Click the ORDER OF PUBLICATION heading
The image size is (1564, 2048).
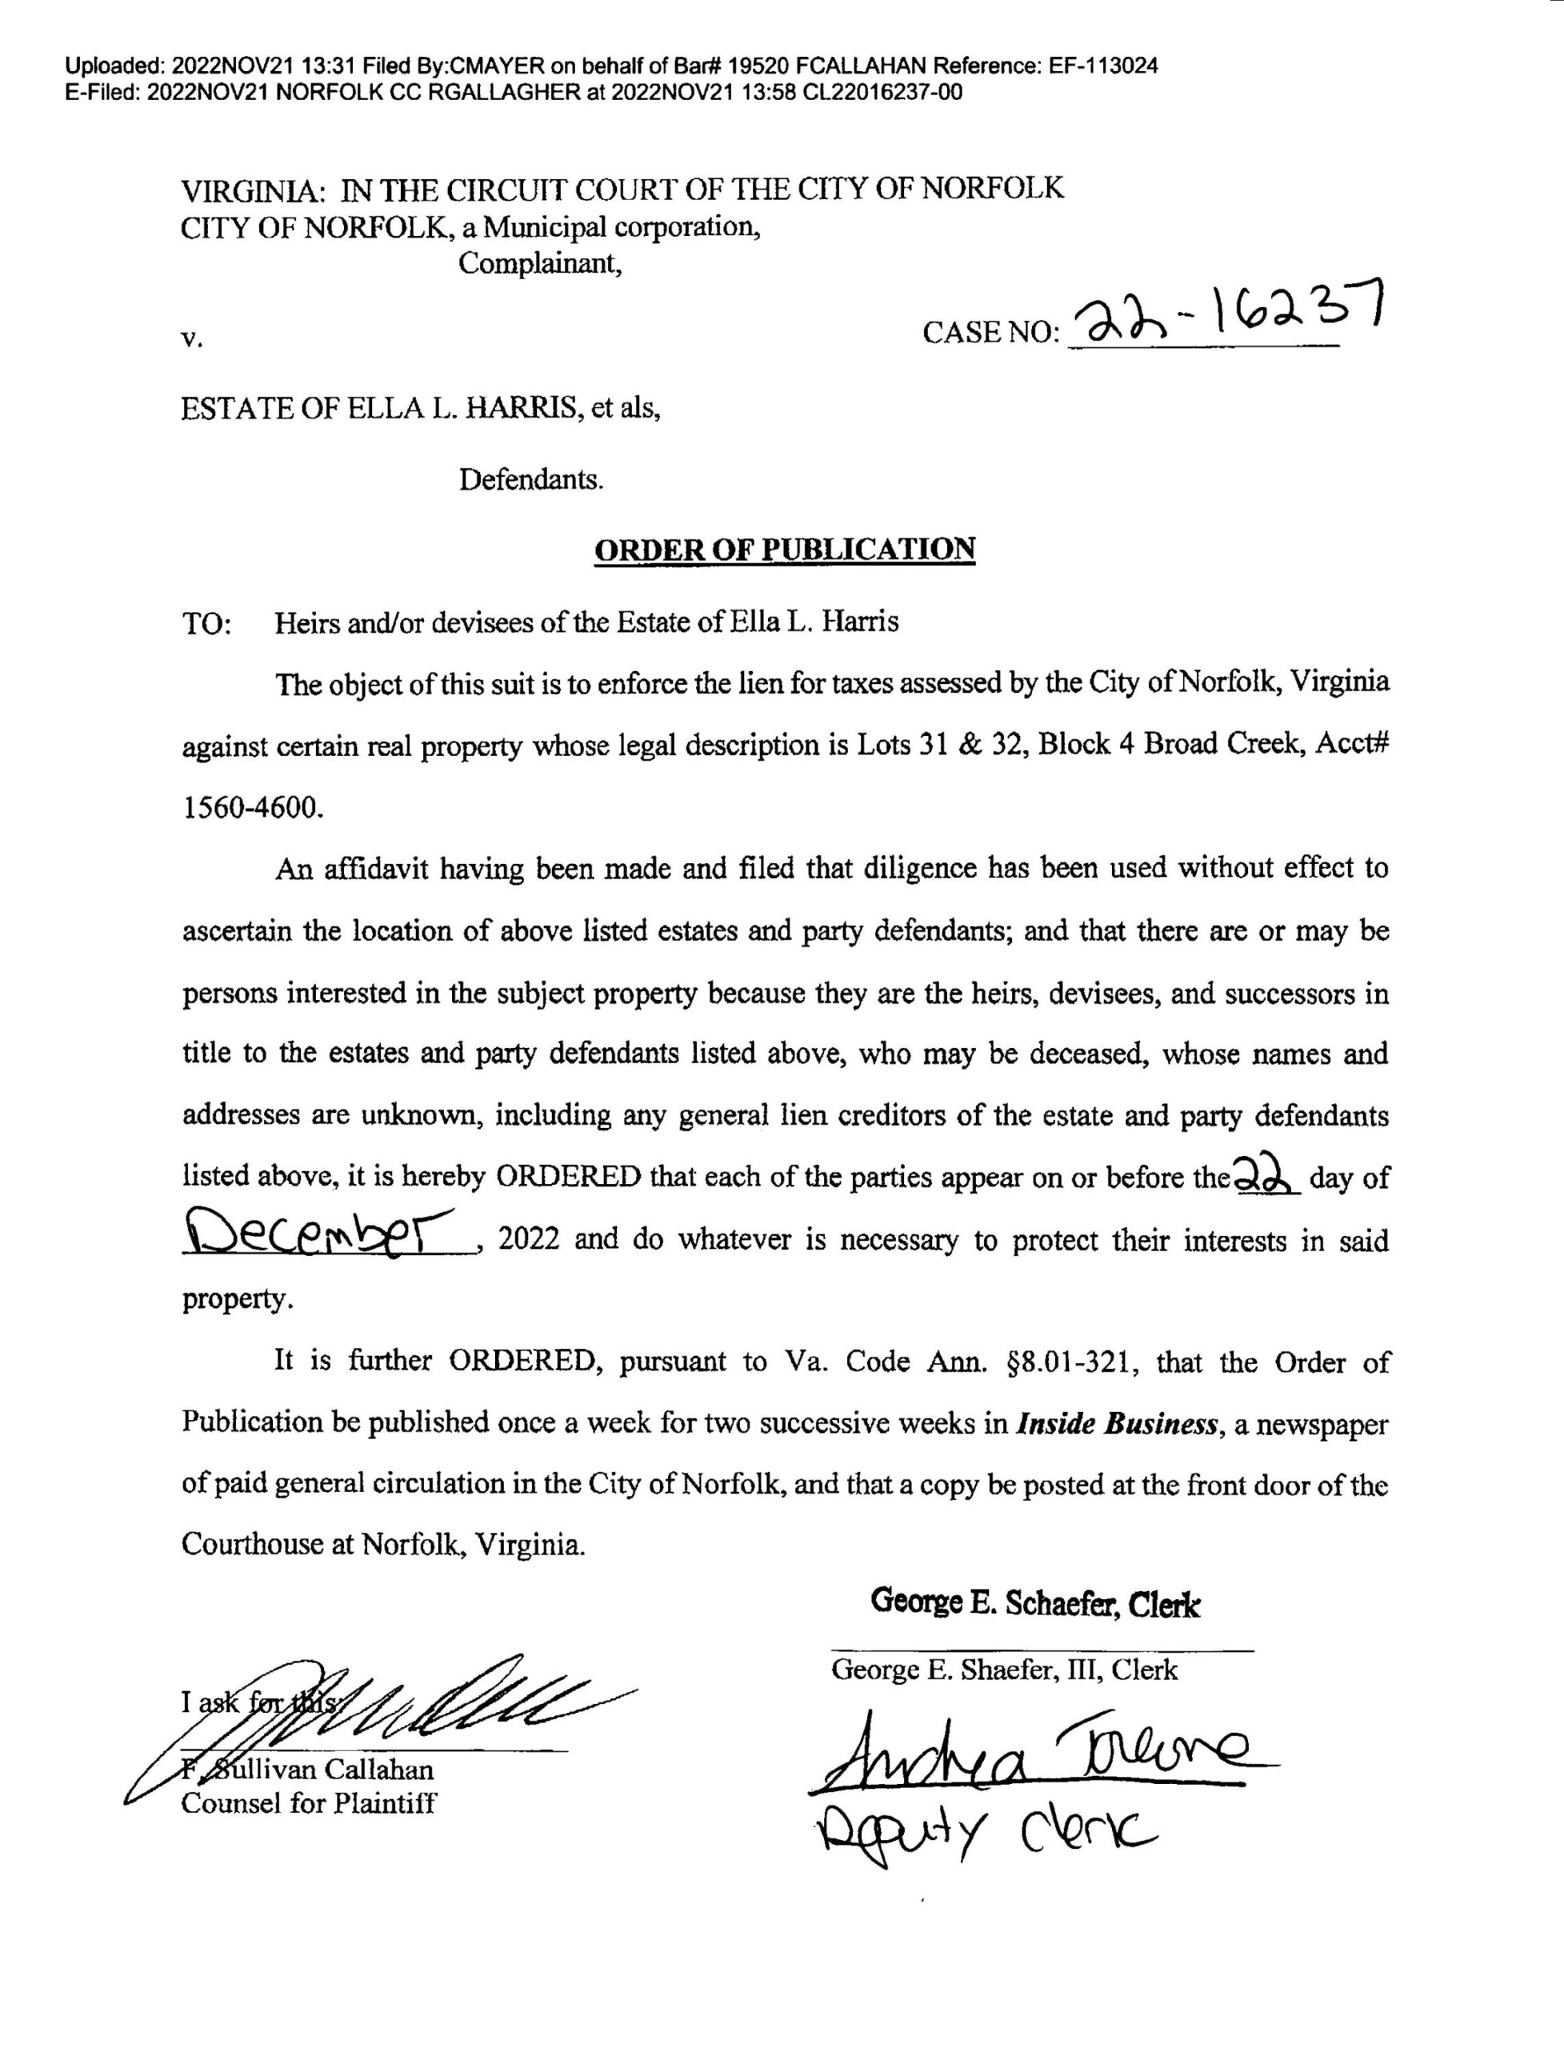coord(784,550)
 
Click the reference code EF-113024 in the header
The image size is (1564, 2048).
coord(1103,66)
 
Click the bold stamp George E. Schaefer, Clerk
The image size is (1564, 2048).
coord(1035,1603)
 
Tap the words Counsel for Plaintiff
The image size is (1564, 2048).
coord(308,1803)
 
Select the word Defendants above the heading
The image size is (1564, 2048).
coord(531,480)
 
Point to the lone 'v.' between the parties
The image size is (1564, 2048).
coord(192,339)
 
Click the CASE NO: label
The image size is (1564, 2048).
coord(990,332)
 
